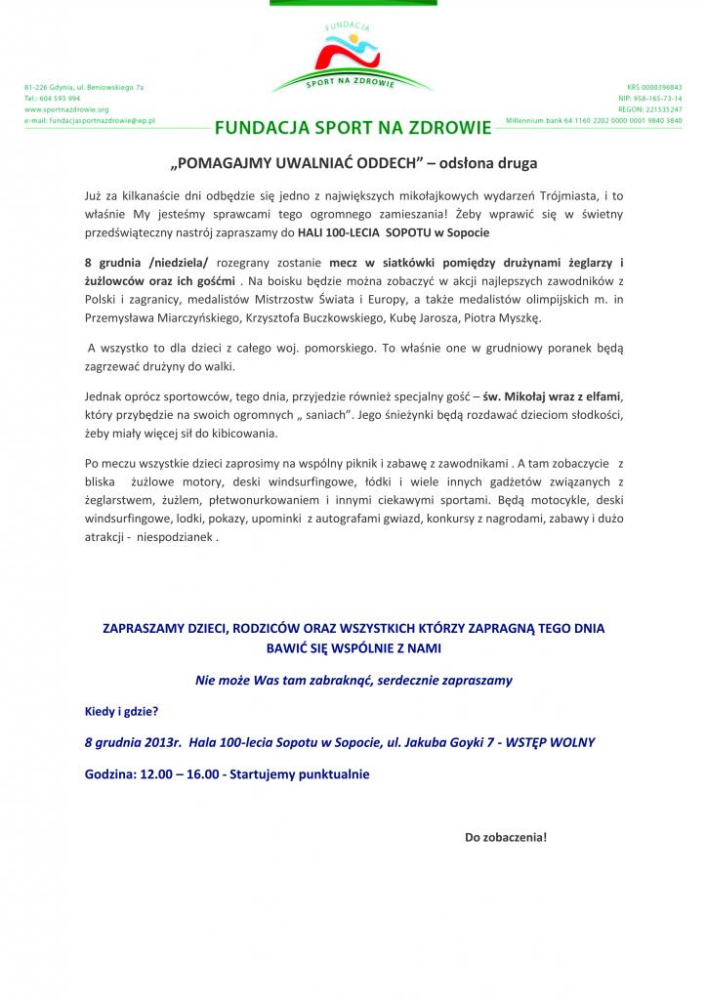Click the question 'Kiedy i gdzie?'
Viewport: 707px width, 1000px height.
121,711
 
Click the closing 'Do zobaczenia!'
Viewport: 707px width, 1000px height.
505,837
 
